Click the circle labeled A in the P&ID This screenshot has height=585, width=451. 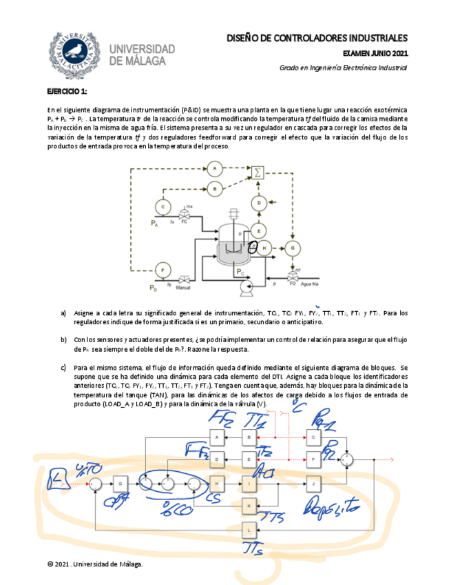214,168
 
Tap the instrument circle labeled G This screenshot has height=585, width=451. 293,248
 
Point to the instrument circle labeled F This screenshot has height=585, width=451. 162,269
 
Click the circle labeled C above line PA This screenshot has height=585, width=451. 162,206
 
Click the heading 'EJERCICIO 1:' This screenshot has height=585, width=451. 67,92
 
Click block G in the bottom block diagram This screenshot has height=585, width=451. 120,484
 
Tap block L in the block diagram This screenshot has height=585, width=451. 249,529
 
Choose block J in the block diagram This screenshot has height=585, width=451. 314,483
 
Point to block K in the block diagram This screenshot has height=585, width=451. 249,505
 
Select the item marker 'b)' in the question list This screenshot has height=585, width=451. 63,339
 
